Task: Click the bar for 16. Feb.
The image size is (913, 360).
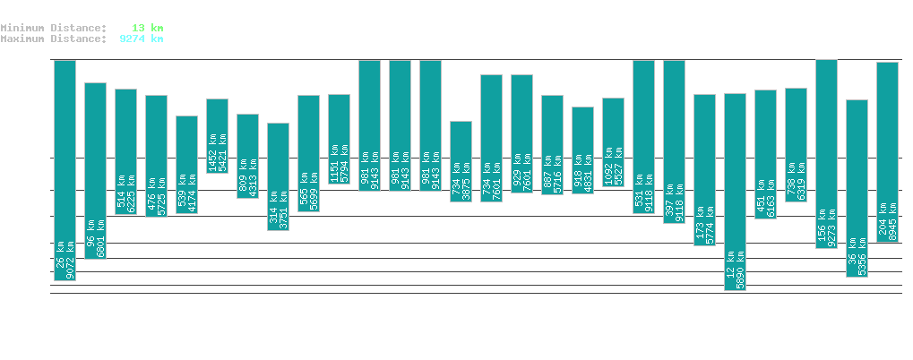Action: pos(65,170)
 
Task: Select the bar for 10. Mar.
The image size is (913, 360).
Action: pos(735,192)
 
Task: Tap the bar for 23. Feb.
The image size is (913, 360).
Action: pos(278,176)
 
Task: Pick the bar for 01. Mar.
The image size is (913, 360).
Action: pos(461,161)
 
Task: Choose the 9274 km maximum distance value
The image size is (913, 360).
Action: pos(141,39)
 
